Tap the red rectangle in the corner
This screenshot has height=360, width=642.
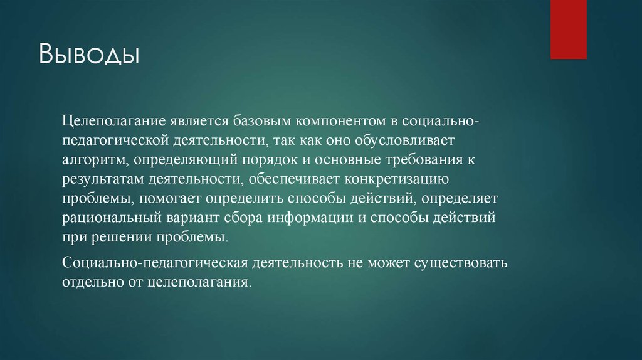click(x=568, y=29)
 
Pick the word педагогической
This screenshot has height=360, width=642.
click(x=118, y=139)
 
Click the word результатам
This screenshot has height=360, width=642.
click(x=103, y=179)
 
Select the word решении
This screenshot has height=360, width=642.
click(x=117, y=239)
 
